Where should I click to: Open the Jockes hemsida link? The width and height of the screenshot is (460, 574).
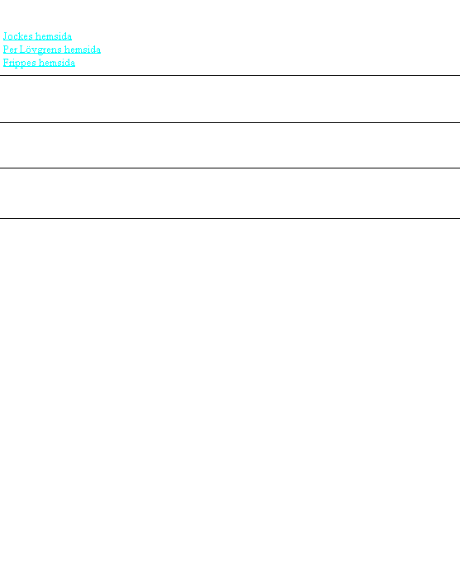pyautogui.click(x=37, y=36)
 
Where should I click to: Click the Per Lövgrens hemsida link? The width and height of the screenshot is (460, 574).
pyautogui.click(x=52, y=50)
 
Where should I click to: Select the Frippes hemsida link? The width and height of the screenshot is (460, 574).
pyautogui.click(x=39, y=63)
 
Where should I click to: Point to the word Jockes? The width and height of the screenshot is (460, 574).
pyautogui.click(x=18, y=36)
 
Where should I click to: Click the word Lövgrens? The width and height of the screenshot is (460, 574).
pyautogui.click(x=40, y=50)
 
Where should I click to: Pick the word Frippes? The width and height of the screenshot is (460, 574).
pyautogui.click(x=19, y=64)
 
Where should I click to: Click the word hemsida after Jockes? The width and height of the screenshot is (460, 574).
pyautogui.click(x=55, y=36)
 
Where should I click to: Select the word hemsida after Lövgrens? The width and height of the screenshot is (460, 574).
pyautogui.click(x=83, y=50)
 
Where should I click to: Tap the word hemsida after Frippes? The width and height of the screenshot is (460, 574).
pyautogui.click(x=57, y=63)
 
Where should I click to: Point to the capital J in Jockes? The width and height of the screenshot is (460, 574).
pyautogui.click(x=6, y=36)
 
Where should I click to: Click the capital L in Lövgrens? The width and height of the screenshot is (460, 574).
pyautogui.click(x=23, y=50)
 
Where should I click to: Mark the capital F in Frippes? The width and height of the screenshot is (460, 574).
pyautogui.click(x=6, y=63)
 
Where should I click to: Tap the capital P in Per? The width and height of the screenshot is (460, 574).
pyautogui.click(x=6, y=50)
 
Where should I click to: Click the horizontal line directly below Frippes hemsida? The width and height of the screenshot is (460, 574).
pyautogui.click(x=230, y=75)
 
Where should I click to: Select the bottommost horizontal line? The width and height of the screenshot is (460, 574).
pyautogui.click(x=230, y=218)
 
